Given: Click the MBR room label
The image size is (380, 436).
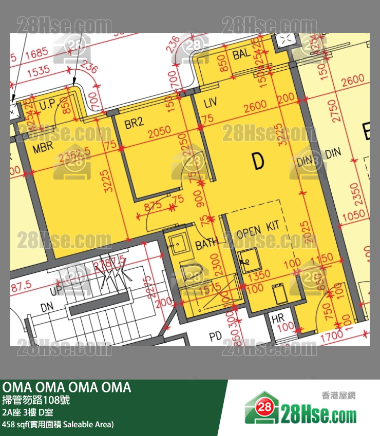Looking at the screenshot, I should point(44,149).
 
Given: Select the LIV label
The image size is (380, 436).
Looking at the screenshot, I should point(211,103).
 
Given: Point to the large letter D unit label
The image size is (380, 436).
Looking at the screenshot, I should point(258,161).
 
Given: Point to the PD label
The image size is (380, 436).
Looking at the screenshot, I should point(215,337).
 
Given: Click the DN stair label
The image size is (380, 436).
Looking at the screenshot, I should point(47,307).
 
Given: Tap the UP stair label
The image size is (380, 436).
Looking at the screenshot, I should point(56,291).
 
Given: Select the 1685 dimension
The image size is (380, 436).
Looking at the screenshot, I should point(35,52).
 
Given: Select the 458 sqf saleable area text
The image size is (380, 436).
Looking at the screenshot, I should point(58,424).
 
